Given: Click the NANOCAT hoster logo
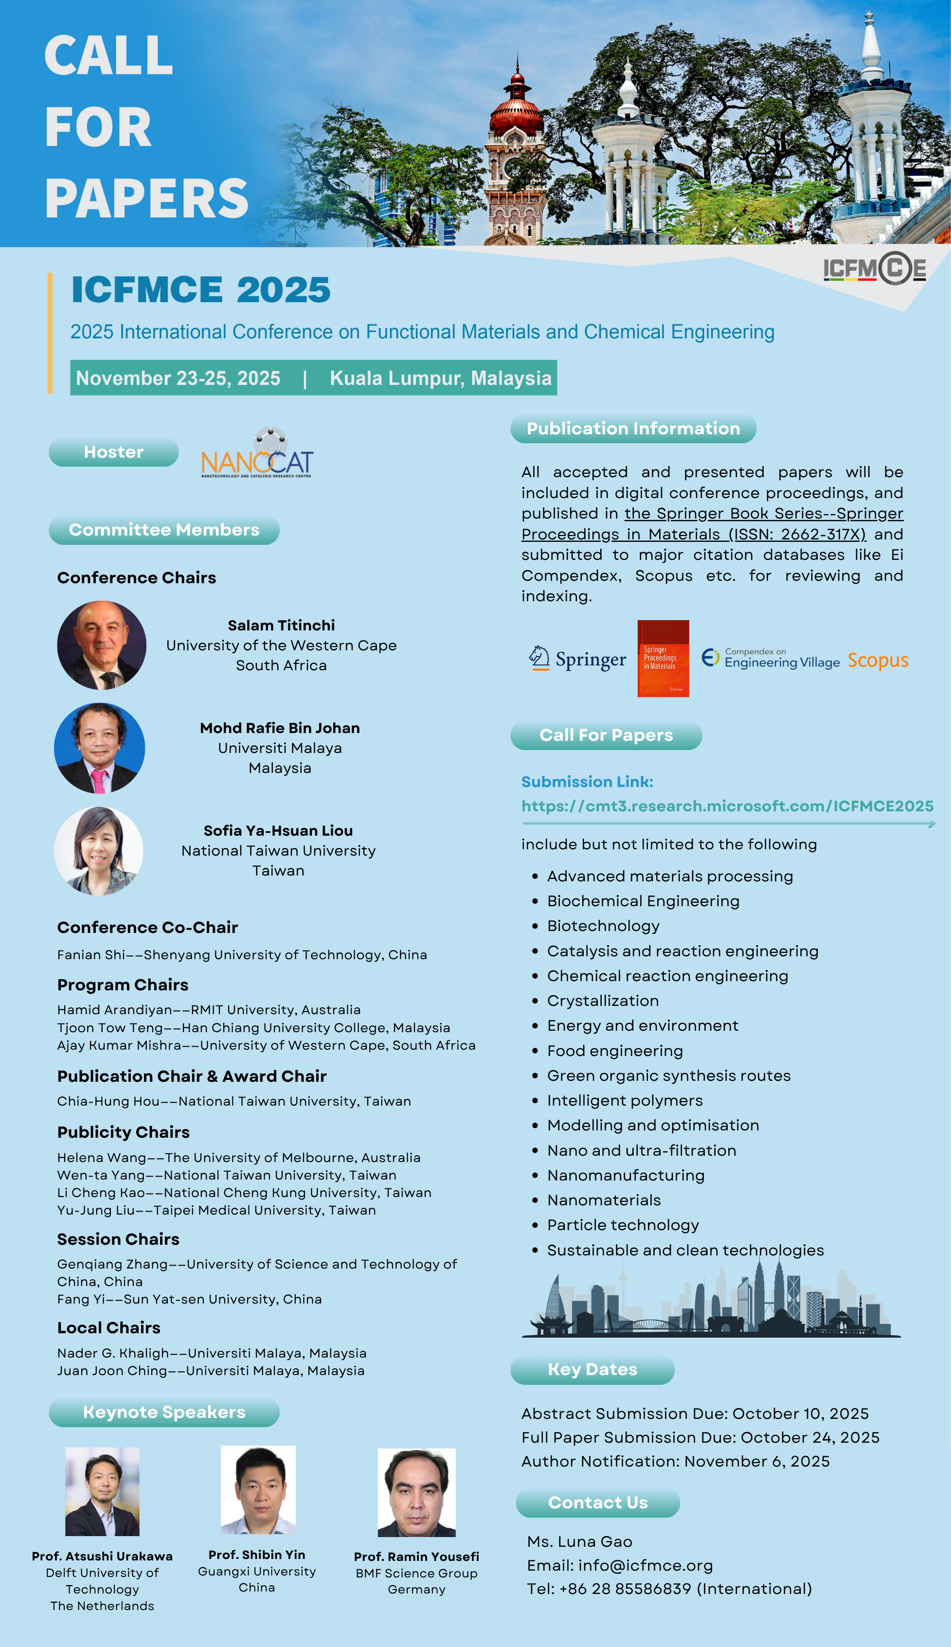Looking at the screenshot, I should (257, 457).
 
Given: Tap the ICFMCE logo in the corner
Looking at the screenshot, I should (874, 269).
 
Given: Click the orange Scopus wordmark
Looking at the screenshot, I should (878, 660).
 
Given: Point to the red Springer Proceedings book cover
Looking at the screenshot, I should (663, 658).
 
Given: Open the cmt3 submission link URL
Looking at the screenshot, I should (727, 806).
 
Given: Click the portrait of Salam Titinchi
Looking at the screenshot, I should (102, 645).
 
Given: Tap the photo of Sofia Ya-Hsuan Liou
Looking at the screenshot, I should (99, 850).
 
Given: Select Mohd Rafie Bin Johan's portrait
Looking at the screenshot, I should (99, 748).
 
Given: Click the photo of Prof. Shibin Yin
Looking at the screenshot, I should (258, 1489).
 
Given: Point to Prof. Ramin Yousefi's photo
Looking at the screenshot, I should (417, 1492).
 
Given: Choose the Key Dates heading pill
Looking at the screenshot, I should (592, 1369).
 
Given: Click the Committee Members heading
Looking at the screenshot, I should (164, 530).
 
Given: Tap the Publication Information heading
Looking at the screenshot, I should (633, 429).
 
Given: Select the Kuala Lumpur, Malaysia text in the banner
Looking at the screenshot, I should (440, 378).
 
